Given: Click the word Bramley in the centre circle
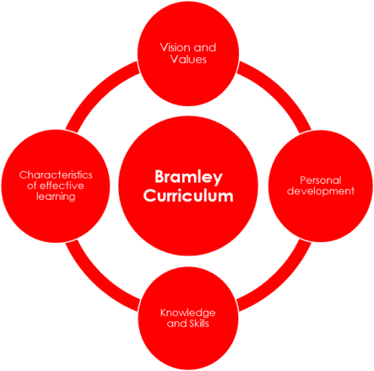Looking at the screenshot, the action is tap(188, 178).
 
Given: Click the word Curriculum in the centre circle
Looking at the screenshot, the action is tap(188, 196).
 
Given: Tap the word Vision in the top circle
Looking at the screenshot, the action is tap(176, 47).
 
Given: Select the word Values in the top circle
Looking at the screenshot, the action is tap(188, 59).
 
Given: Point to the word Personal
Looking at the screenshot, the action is tap(321, 180).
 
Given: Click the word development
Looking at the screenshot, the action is tap(321, 191).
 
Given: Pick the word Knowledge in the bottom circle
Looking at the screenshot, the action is tap(188, 313).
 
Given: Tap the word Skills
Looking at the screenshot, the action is tap(198, 323).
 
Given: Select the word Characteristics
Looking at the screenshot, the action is tap(56, 175).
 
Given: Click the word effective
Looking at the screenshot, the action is tap(62, 185).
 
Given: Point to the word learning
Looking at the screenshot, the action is tap(56, 196).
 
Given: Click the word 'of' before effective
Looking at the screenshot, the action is tap(32, 185).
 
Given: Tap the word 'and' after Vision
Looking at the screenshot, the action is tap(205, 47).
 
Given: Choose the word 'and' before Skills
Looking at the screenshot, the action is tap(176, 323).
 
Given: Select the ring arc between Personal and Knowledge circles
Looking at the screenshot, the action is tap(279, 281).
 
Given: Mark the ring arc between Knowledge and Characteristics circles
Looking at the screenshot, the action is tap(97, 281).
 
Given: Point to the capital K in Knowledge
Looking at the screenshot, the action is tap(164, 312).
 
